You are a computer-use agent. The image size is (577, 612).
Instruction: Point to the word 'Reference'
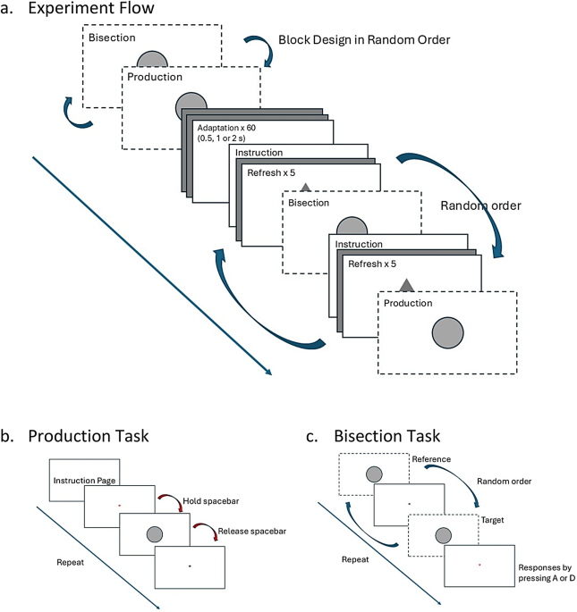(431, 459)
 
